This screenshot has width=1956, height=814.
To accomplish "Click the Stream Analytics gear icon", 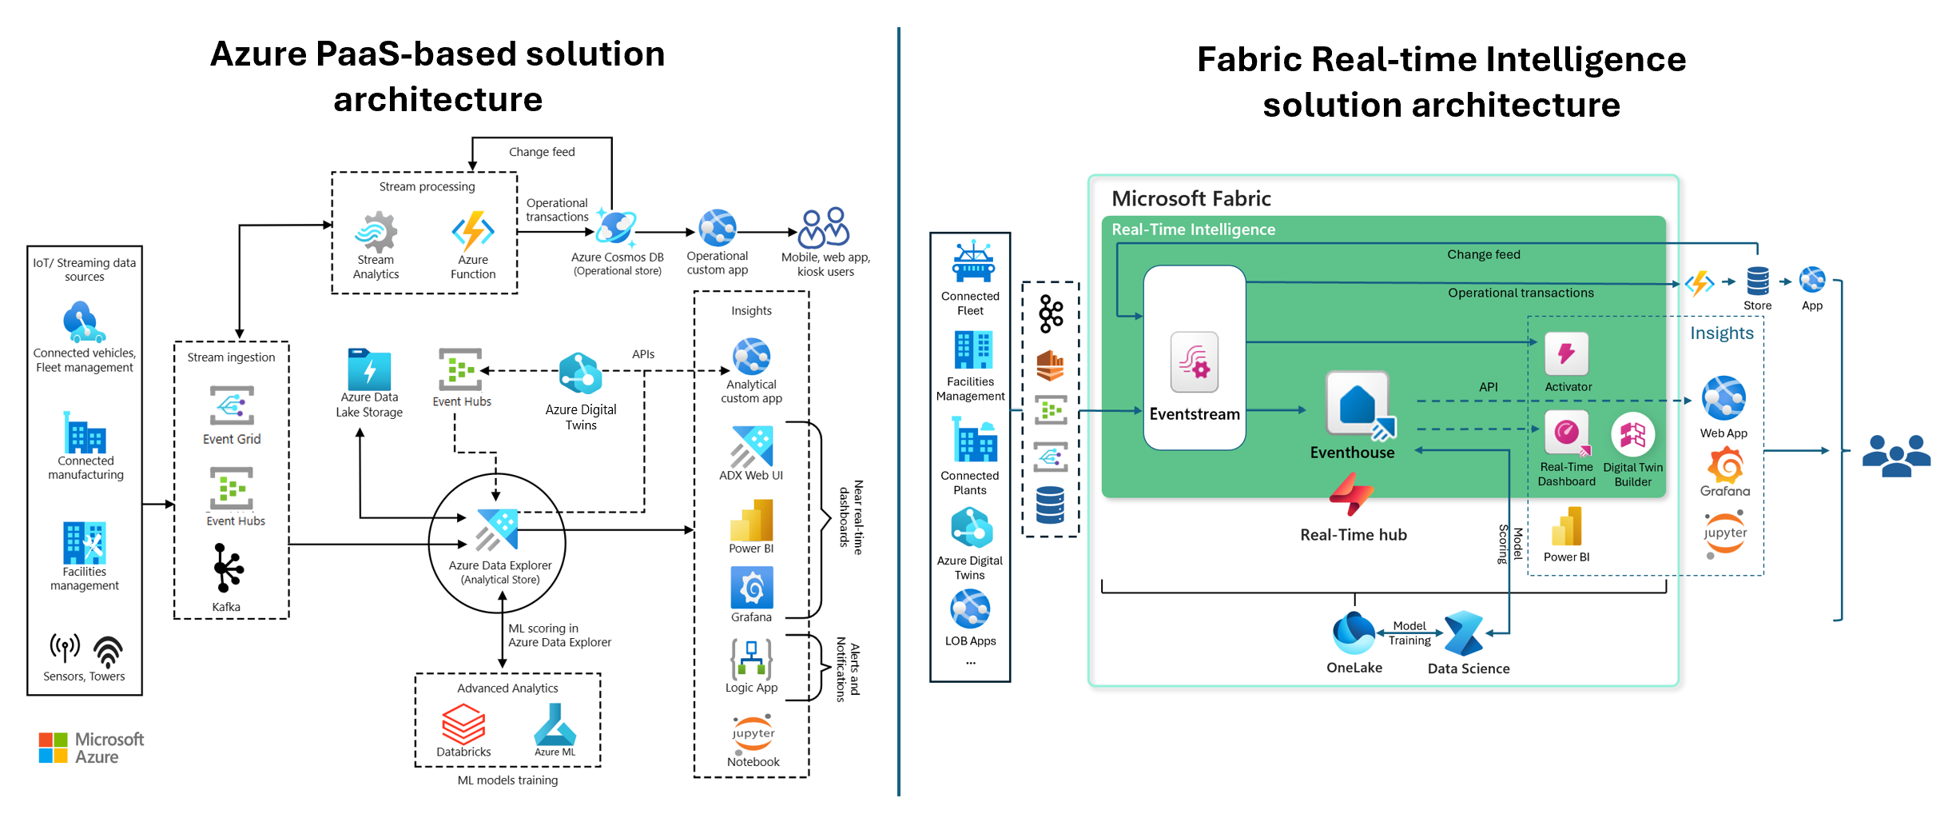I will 376,233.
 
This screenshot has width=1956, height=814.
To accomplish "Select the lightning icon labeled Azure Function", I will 473,231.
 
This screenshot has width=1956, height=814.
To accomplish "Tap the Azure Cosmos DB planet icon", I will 616,228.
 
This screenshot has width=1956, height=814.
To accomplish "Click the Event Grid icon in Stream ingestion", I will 232,405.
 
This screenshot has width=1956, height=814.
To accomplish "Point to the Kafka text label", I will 226,607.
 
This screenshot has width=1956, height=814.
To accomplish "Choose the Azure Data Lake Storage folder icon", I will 369,369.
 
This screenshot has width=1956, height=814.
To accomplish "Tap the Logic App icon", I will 751,659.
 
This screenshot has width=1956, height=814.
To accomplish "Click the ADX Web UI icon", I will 751,446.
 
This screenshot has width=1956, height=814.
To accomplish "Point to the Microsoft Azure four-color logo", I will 54,748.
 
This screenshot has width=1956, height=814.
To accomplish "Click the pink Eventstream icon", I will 1195,362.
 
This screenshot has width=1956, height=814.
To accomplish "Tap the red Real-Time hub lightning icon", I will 1351,494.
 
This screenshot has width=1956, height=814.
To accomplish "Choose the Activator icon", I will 1567,354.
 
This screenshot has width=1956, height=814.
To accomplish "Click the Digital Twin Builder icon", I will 1632,435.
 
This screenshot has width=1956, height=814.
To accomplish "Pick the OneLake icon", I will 1354,634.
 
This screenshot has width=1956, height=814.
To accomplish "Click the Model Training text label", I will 1409,633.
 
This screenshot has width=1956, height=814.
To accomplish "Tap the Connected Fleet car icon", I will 972,261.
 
